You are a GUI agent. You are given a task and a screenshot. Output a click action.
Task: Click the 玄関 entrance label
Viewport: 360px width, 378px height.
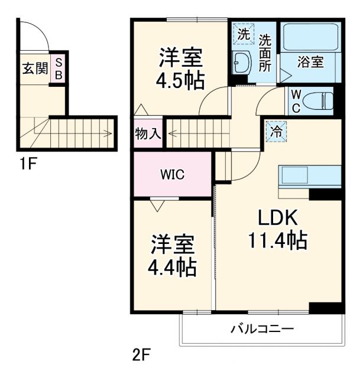click(x=35, y=69)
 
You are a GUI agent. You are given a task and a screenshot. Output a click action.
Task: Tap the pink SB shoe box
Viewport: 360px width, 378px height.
click(x=59, y=69)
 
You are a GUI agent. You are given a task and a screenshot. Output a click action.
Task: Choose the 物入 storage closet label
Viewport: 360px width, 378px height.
click(x=148, y=133)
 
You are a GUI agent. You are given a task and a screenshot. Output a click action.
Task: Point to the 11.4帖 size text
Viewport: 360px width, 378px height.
click(x=277, y=240)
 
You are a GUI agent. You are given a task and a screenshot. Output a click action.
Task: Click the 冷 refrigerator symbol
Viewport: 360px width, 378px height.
click(x=275, y=131)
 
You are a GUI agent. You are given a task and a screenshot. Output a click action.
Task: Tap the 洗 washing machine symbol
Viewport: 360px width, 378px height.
click(x=243, y=34)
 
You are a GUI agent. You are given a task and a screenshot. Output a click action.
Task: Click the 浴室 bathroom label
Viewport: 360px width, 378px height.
click(x=310, y=62)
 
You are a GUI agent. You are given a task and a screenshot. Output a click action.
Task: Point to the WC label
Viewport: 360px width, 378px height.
click(x=296, y=100)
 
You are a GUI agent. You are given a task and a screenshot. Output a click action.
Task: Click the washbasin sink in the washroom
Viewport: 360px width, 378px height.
click(x=241, y=63)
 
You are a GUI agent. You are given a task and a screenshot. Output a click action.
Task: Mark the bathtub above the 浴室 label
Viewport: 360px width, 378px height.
click(x=310, y=37)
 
